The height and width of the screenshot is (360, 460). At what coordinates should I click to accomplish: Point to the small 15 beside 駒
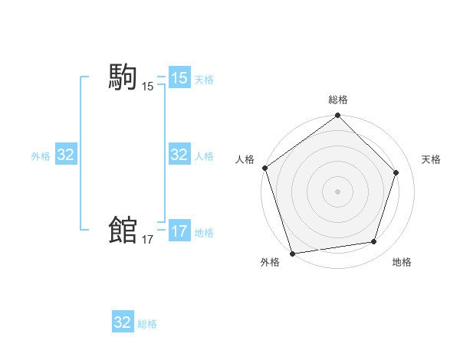pyautogui.click(x=147, y=87)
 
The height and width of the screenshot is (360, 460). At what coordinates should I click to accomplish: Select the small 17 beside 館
pyautogui.click(x=147, y=240)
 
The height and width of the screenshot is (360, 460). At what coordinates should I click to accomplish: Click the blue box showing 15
pyautogui.click(x=179, y=78)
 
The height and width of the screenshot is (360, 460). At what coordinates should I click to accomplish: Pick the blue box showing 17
pyautogui.click(x=179, y=231)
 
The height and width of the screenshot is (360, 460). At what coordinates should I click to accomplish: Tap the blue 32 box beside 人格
pyautogui.click(x=179, y=155)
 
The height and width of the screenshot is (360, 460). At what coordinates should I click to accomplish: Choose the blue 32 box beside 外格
pyautogui.click(x=66, y=155)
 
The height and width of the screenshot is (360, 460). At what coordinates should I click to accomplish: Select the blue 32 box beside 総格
pyautogui.click(x=123, y=322)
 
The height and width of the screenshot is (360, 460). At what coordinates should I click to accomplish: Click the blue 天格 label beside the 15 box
pyautogui.click(x=204, y=80)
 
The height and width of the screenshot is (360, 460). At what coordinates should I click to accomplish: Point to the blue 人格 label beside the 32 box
pyautogui.click(x=204, y=156)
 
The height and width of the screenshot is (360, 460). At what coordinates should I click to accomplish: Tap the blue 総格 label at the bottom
pyautogui.click(x=147, y=324)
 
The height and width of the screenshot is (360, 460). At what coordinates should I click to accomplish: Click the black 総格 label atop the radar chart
pyautogui.click(x=337, y=100)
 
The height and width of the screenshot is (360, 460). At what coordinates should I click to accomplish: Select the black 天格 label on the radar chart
pyautogui.click(x=431, y=159)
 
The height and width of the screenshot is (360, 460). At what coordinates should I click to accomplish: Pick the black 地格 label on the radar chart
pyautogui.click(x=402, y=262)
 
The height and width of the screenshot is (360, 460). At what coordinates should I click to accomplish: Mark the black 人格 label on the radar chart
pyautogui.click(x=245, y=159)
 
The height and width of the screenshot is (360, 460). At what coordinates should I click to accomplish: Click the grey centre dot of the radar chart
pyautogui.click(x=337, y=191)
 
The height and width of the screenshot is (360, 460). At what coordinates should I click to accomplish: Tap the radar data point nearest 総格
pyautogui.click(x=337, y=116)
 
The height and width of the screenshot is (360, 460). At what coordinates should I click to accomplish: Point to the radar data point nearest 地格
pyautogui.click(x=374, y=242)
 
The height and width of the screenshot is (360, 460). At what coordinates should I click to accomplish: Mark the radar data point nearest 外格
pyautogui.click(x=292, y=253)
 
